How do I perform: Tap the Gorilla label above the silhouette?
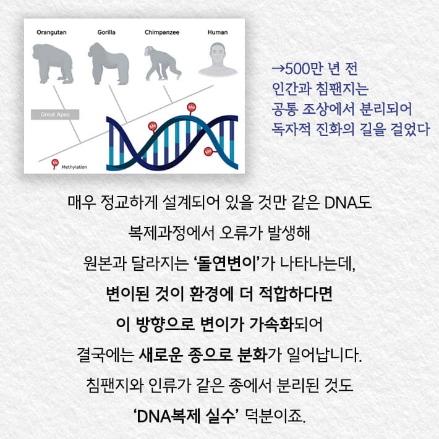(106, 32)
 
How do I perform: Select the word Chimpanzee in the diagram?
(162, 32)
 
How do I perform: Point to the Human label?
(217, 32)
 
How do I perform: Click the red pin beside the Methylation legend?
(55, 164)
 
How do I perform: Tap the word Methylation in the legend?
(75, 167)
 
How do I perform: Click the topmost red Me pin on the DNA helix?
(191, 108)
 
